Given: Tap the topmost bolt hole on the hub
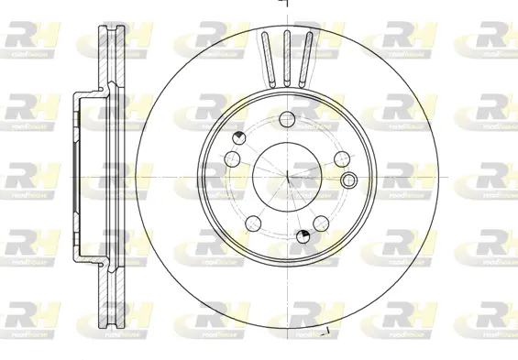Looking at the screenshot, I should pos(285,117).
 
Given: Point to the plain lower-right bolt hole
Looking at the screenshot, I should pos(321,224).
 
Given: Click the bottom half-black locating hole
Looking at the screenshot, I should pos(303,239).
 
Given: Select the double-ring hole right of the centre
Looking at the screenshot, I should pos(347,178).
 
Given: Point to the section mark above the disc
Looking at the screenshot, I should pos(284,5).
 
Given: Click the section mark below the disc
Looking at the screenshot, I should pos(325,328).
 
